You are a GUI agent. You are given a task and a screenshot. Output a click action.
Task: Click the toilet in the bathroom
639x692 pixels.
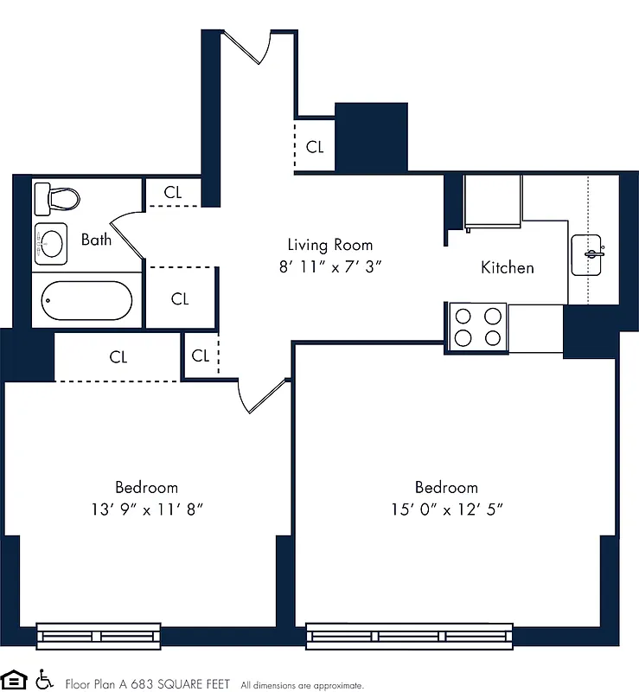(x=56, y=199)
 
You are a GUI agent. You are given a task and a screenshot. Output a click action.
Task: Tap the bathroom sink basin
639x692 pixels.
(x=53, y=244)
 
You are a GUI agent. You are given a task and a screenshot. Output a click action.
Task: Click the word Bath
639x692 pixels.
(x=96, y=240)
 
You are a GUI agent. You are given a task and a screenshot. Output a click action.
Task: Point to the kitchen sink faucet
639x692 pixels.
(x=593, y=253)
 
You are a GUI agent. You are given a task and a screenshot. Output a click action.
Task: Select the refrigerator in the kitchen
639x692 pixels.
(x=493, y=202)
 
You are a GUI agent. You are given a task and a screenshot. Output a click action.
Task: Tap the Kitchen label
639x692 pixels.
(x=507, y=267)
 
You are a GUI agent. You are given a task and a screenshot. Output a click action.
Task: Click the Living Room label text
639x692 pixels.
(x=330, y=245)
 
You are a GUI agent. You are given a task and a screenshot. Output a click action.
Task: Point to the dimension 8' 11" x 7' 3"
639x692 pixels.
(x=330, y=267)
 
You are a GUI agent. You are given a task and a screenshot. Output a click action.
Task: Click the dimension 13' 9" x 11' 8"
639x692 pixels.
(x=146, y=509)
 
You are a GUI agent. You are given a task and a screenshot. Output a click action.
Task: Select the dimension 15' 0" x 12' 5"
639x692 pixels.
(x=446, y=509)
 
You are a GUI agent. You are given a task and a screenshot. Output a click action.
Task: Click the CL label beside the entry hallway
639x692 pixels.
(x=315, y=147)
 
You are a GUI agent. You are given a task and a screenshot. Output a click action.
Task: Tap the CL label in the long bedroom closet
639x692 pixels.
(x=118, y=356)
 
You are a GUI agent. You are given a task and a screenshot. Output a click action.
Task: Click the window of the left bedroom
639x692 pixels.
(x=99, y=636)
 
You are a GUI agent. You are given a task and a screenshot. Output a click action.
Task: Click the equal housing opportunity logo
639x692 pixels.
(x=15, y=679)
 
